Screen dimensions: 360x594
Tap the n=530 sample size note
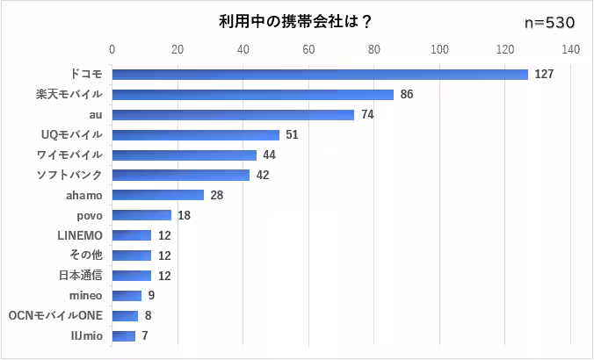(549, 23)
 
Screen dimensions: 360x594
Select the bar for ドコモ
(320, 75)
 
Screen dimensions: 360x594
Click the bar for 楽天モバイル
(253, 94)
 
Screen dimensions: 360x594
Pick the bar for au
(233, 114)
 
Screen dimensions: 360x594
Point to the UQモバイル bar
(196, 134)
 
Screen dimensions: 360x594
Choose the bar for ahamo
(158, 195)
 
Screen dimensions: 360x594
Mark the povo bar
(141, 215)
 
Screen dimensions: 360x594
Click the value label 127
(543, 75)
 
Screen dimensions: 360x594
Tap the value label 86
(407, 94)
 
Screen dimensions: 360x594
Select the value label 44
(270, 155)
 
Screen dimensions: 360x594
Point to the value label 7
(144, 335)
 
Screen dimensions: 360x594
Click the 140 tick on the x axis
(570, 49)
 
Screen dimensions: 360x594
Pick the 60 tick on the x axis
(308, 49)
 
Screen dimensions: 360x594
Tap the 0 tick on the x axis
(112, 49)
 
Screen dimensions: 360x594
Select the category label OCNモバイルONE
(55, 315)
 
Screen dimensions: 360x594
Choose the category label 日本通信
(80, 275)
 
